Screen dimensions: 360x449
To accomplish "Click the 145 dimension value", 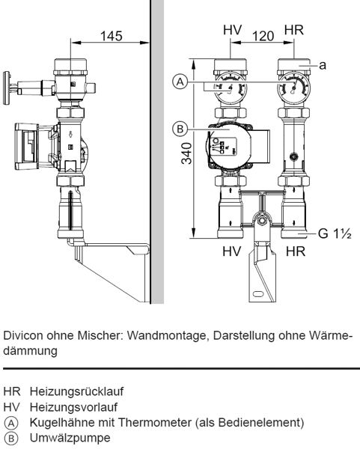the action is tap(111, 36).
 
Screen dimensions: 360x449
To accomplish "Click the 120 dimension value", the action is tap(263, 36).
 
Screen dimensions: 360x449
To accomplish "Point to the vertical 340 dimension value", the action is tap(187, 153).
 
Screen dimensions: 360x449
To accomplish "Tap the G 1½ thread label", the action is tap(335, 233).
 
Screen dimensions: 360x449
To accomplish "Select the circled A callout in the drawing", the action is tap(180, 82).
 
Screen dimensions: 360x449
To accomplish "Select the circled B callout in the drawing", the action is tap(180, 129).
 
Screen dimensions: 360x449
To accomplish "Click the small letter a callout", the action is tap(323, 65).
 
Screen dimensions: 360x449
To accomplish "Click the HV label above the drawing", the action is tap(232, 30).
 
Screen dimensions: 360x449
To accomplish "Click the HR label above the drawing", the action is tap(294, 30).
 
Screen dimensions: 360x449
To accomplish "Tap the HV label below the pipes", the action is tap(232, 251).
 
